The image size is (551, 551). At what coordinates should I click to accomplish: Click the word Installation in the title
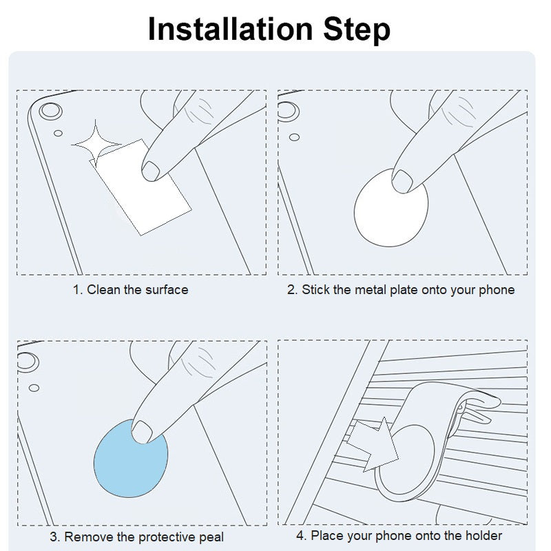(230, 29)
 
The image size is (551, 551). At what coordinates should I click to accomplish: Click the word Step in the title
(357, 30)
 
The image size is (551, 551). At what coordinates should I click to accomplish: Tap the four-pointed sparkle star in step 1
(96, 144)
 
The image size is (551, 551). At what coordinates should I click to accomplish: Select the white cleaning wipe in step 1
(141, 187)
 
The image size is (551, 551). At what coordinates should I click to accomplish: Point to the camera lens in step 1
(50, 112)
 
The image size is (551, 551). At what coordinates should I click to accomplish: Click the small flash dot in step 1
(59, 133)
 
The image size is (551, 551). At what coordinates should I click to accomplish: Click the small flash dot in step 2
(295, 137)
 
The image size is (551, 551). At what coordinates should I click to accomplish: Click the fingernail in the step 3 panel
(141, 431)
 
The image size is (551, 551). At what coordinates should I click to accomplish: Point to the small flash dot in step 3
(34, 388)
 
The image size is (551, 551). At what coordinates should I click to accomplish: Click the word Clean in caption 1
(103, 290)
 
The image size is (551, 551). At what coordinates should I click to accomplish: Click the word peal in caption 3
(211, 537)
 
